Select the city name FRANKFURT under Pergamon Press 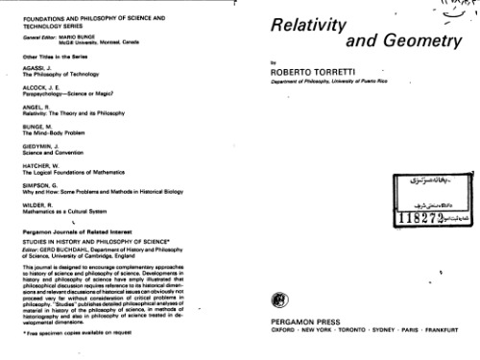[447, 335]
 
